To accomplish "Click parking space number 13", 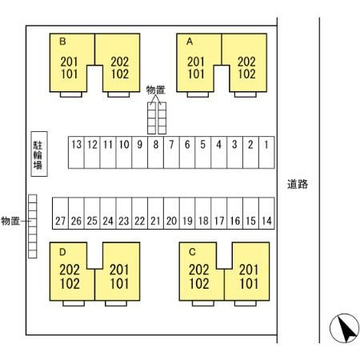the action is click(x=76, y=152).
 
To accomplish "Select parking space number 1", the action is click(x=266, y=152).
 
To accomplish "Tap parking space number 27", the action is click(x=60, y=213).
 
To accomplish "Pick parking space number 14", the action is click(x=266, y=213).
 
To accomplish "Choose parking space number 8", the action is click(x=155, y=152).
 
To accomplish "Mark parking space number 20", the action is click(x=171, y=213).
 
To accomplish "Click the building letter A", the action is click(x=190, y=42).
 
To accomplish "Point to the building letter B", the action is click(x=62, y=42).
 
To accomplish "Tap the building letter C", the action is click(x=192, y=252).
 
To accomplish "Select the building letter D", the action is click(x=62, y=252).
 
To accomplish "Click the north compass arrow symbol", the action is click(x=344, y=328).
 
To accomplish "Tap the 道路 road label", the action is click(x=298, y=184).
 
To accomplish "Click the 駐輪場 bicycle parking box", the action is click(x=39, y=154).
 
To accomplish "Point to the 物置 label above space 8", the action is click(x=156, y=90).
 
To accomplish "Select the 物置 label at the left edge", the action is click(x=10, y=221).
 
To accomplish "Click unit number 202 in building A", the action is click(x=246, y=62).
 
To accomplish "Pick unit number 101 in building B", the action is click(x=70, y=74).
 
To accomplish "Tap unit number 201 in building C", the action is click(x=249, y=270).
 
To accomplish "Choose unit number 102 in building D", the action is click(x=70, y=284).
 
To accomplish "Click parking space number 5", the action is click(x=203, y=152).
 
